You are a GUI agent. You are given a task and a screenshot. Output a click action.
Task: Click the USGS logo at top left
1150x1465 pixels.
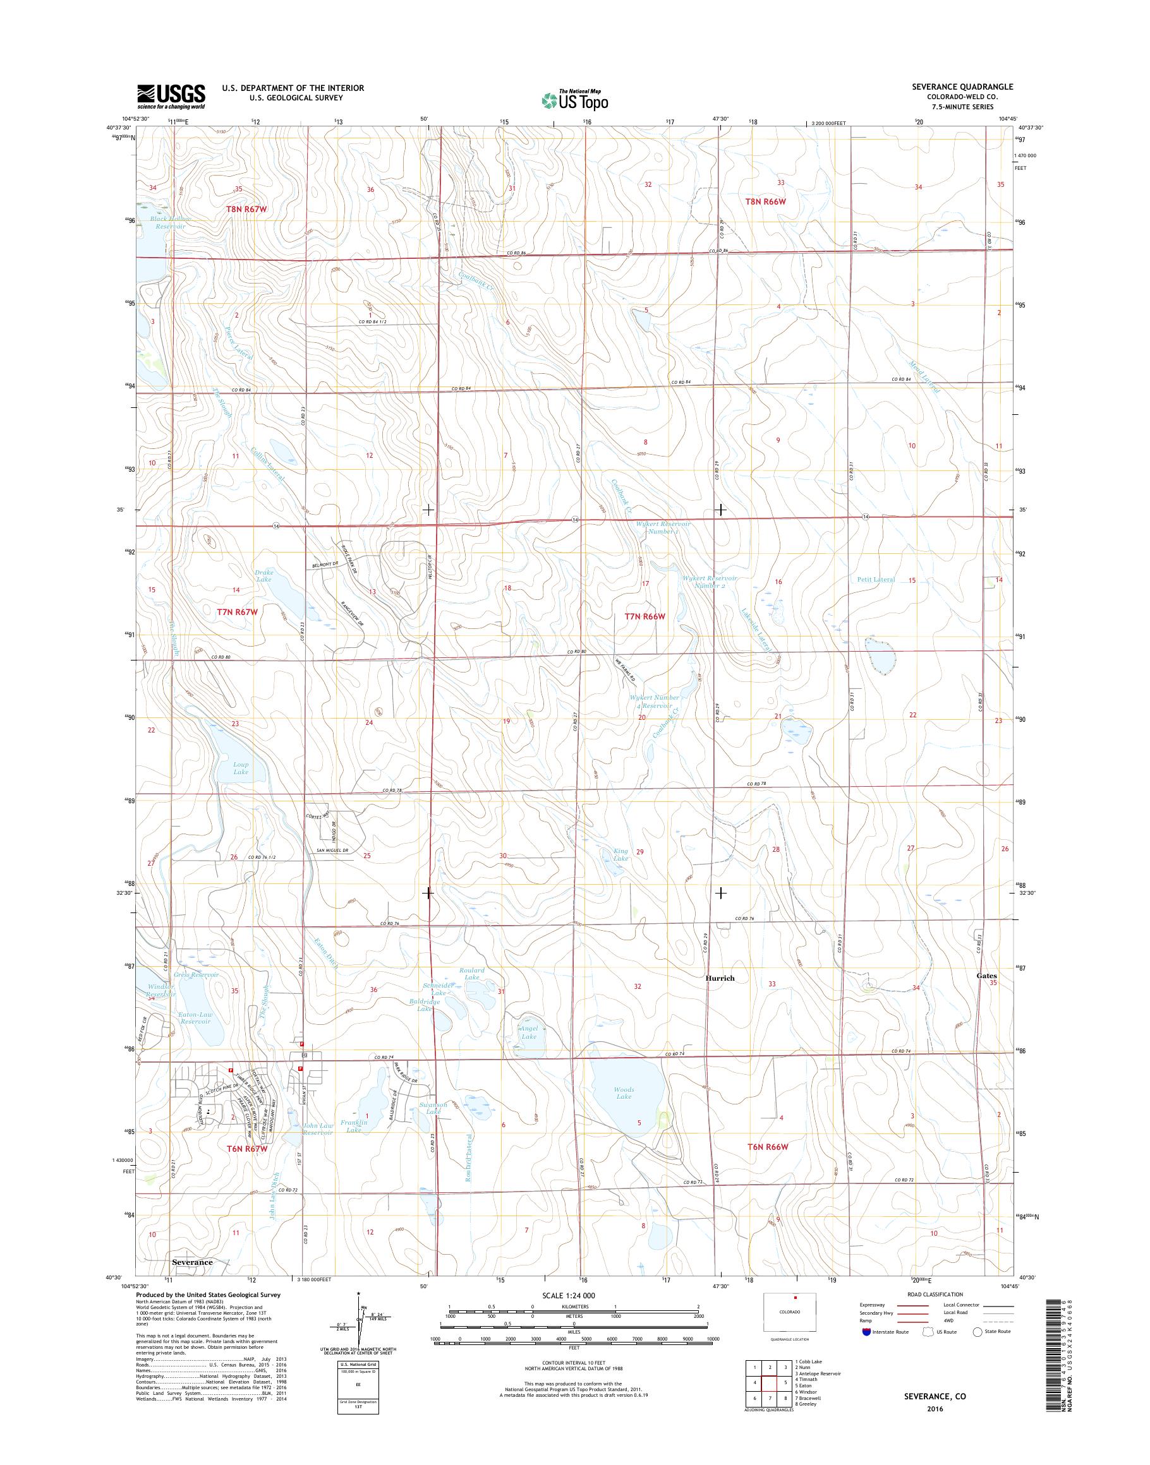(x=171, y=96)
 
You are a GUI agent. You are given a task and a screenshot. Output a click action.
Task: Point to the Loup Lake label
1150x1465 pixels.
(x=240, y=768)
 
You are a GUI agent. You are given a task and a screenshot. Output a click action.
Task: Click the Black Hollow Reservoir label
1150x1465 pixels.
(x=171, y=223)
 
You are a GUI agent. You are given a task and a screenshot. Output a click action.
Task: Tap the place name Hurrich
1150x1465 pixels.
(x=720, y=978)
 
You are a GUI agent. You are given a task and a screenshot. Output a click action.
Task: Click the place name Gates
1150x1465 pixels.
(x=986, y=975)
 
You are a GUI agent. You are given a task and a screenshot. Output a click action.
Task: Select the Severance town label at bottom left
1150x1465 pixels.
(x=192, y=1262)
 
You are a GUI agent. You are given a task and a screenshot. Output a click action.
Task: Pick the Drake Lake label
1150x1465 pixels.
(x=263, y=576)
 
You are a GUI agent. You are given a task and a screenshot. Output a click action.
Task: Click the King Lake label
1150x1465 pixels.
(x=620, y=854)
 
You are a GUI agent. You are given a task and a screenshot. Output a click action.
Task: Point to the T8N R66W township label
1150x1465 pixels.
(x=766, y=201)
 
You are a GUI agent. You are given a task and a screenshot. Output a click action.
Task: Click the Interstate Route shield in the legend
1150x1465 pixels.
(x=865, y=1332)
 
